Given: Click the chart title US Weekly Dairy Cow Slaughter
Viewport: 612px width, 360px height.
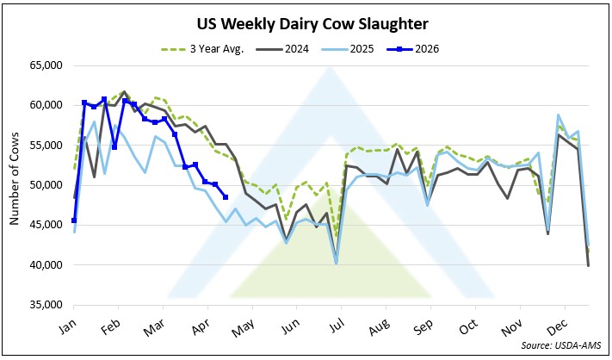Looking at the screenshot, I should click(306, 22).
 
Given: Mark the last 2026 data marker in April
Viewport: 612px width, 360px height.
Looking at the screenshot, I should click(225, 197).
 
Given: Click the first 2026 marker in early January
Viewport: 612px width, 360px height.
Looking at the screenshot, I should click(74, 220).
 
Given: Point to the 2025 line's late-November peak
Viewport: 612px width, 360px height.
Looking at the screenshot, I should click(559, 115).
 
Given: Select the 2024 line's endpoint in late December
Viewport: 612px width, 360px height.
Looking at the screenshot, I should click(589, 265).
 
